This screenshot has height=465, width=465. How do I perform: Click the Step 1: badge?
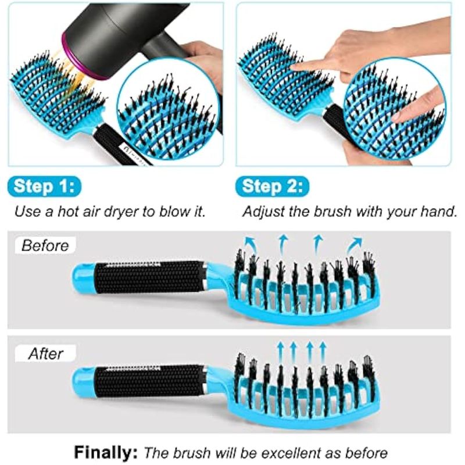(44, 187)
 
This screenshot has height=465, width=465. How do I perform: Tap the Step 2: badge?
(272, 187)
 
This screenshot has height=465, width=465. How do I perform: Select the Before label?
(45, 245)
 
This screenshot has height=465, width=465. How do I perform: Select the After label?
(46, 353)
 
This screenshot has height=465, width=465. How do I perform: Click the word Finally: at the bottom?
(106, 453)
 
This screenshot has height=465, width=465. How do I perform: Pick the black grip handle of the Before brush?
(150, 277)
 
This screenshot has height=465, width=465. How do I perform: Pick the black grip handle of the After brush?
(150, 382)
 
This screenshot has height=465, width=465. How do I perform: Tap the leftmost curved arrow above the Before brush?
(249, 242)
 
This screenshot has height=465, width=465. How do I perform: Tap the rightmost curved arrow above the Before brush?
(355, 243)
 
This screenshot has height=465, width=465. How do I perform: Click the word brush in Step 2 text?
(333, 212)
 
